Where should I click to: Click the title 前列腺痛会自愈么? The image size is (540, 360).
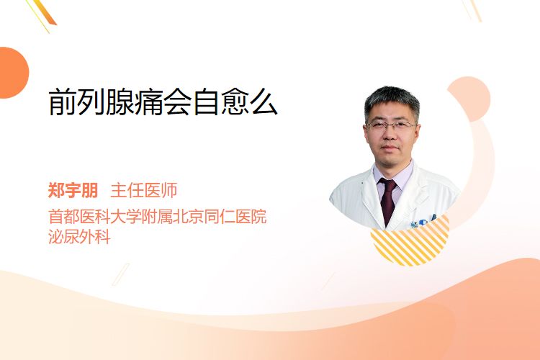(x=163, y=102)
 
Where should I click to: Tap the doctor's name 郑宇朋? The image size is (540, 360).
(x=73, y=190)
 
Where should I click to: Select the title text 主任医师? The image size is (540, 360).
(x=144, y=190)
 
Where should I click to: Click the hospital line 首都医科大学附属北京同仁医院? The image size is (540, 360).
(x=158, y=217)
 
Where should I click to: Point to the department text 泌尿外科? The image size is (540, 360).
(x=79, y=237)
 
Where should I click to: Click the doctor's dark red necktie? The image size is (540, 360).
(x=388, y=200)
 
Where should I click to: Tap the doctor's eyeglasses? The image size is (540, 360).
(x=391, y=125)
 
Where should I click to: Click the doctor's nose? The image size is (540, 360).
(x=390, y=135)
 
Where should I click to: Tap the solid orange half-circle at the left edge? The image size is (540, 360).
(x=13, y=73)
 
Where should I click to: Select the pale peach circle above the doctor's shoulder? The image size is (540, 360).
(x=469, y=99)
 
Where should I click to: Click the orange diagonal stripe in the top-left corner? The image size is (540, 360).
(x=45, y=12)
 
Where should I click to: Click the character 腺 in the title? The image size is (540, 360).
(x=120, y=102)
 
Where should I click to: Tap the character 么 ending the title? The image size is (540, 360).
(x=264, y=102)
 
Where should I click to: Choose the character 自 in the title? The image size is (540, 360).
(x=206, y=102)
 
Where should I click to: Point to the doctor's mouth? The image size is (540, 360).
(x=390, y=148)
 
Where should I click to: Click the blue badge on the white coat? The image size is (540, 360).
(x=423, y=222)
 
